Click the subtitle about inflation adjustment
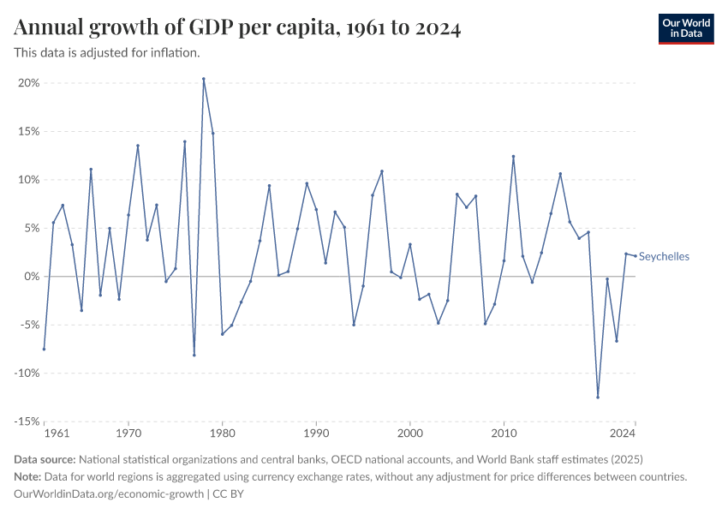pyautogui.click(x=107, y=53)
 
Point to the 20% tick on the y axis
pyautogui.click(x=29, y=83)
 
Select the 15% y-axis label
pyautogui.click(x=29, y=132)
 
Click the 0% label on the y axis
pyautogui.click(x=33, y=277)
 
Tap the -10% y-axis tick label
pyautogui.click(x=27, y=374)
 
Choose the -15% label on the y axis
pyautogui.click(x=27, y=421)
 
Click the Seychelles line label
pyautogui.click(x=665, y=257)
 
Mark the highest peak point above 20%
pyautogui.click(x=204, y=79)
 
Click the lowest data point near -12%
pyautogui.click(x=598, y=397)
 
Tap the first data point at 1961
pyautogui.click(x=44, y=349)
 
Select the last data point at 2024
pyautogui.click(x=635, y=255)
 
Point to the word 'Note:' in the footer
pyautogui.click(x=31, y=476)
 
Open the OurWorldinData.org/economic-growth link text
pyautogui.click(x=109, y=494)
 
